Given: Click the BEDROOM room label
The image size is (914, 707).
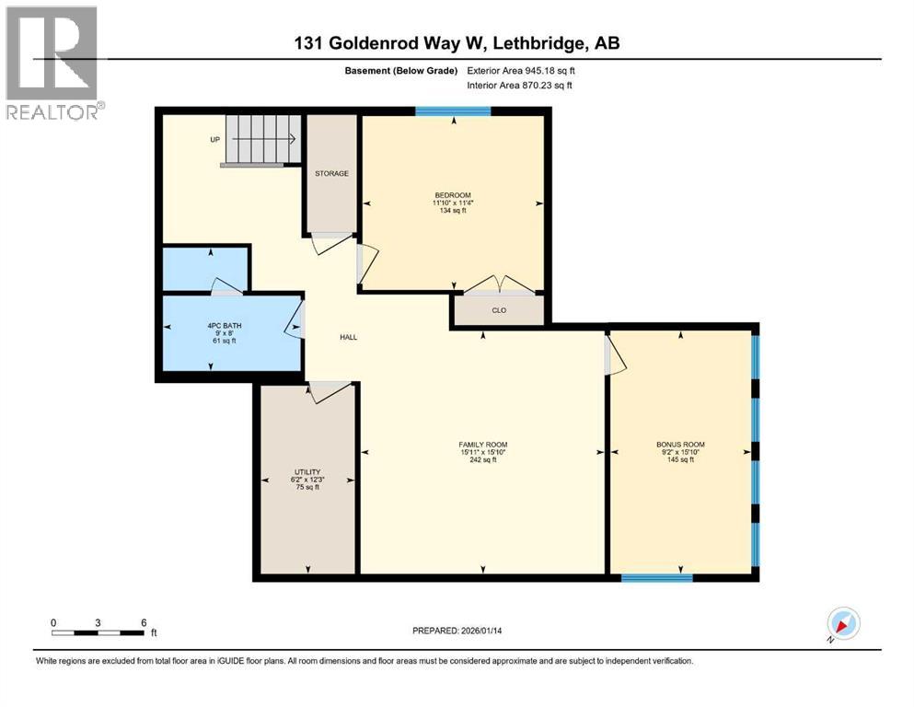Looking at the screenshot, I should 453,194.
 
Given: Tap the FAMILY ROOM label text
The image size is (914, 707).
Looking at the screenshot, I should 483,444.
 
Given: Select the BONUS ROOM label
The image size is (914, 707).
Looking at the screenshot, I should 680,444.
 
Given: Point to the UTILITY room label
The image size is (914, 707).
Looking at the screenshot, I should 306,471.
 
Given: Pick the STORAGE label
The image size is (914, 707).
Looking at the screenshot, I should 331,173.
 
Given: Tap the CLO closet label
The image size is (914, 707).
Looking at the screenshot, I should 499,310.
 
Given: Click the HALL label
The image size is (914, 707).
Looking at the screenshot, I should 348,337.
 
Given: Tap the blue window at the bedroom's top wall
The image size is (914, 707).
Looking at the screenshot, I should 452,111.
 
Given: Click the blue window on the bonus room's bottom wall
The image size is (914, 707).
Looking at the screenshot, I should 656,578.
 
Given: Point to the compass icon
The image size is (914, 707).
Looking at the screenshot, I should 841,625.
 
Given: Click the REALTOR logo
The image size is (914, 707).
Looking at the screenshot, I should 52,63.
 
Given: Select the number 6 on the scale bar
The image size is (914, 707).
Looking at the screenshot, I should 143,622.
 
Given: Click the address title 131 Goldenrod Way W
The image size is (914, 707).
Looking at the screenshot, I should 457,44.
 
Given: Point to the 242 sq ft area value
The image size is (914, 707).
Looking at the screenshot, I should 483,460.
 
